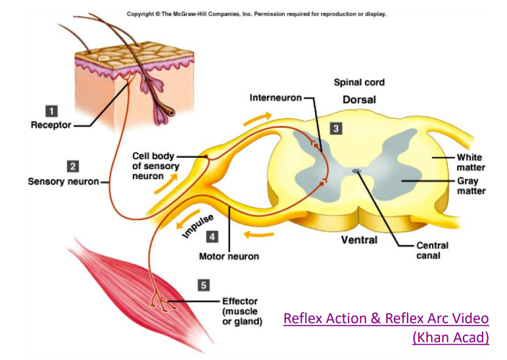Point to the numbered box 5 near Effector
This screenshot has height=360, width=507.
[x=205, y=285]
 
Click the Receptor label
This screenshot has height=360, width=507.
[x=51, y=125]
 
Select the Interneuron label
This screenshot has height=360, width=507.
[x=275, y=98]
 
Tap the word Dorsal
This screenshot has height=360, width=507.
[x=359, y=100]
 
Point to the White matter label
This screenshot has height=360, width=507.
[x=470, y=163]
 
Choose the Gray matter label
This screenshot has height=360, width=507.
[x=471, y=186]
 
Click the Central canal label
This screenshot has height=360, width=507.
[x=432, y=250]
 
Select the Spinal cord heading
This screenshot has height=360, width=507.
[x=359, y=82]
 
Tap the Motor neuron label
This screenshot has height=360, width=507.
[x=229, y=256]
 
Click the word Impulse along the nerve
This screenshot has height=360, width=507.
[x=195, y=224]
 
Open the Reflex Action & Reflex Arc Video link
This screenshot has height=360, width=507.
[x=386, y=319]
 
